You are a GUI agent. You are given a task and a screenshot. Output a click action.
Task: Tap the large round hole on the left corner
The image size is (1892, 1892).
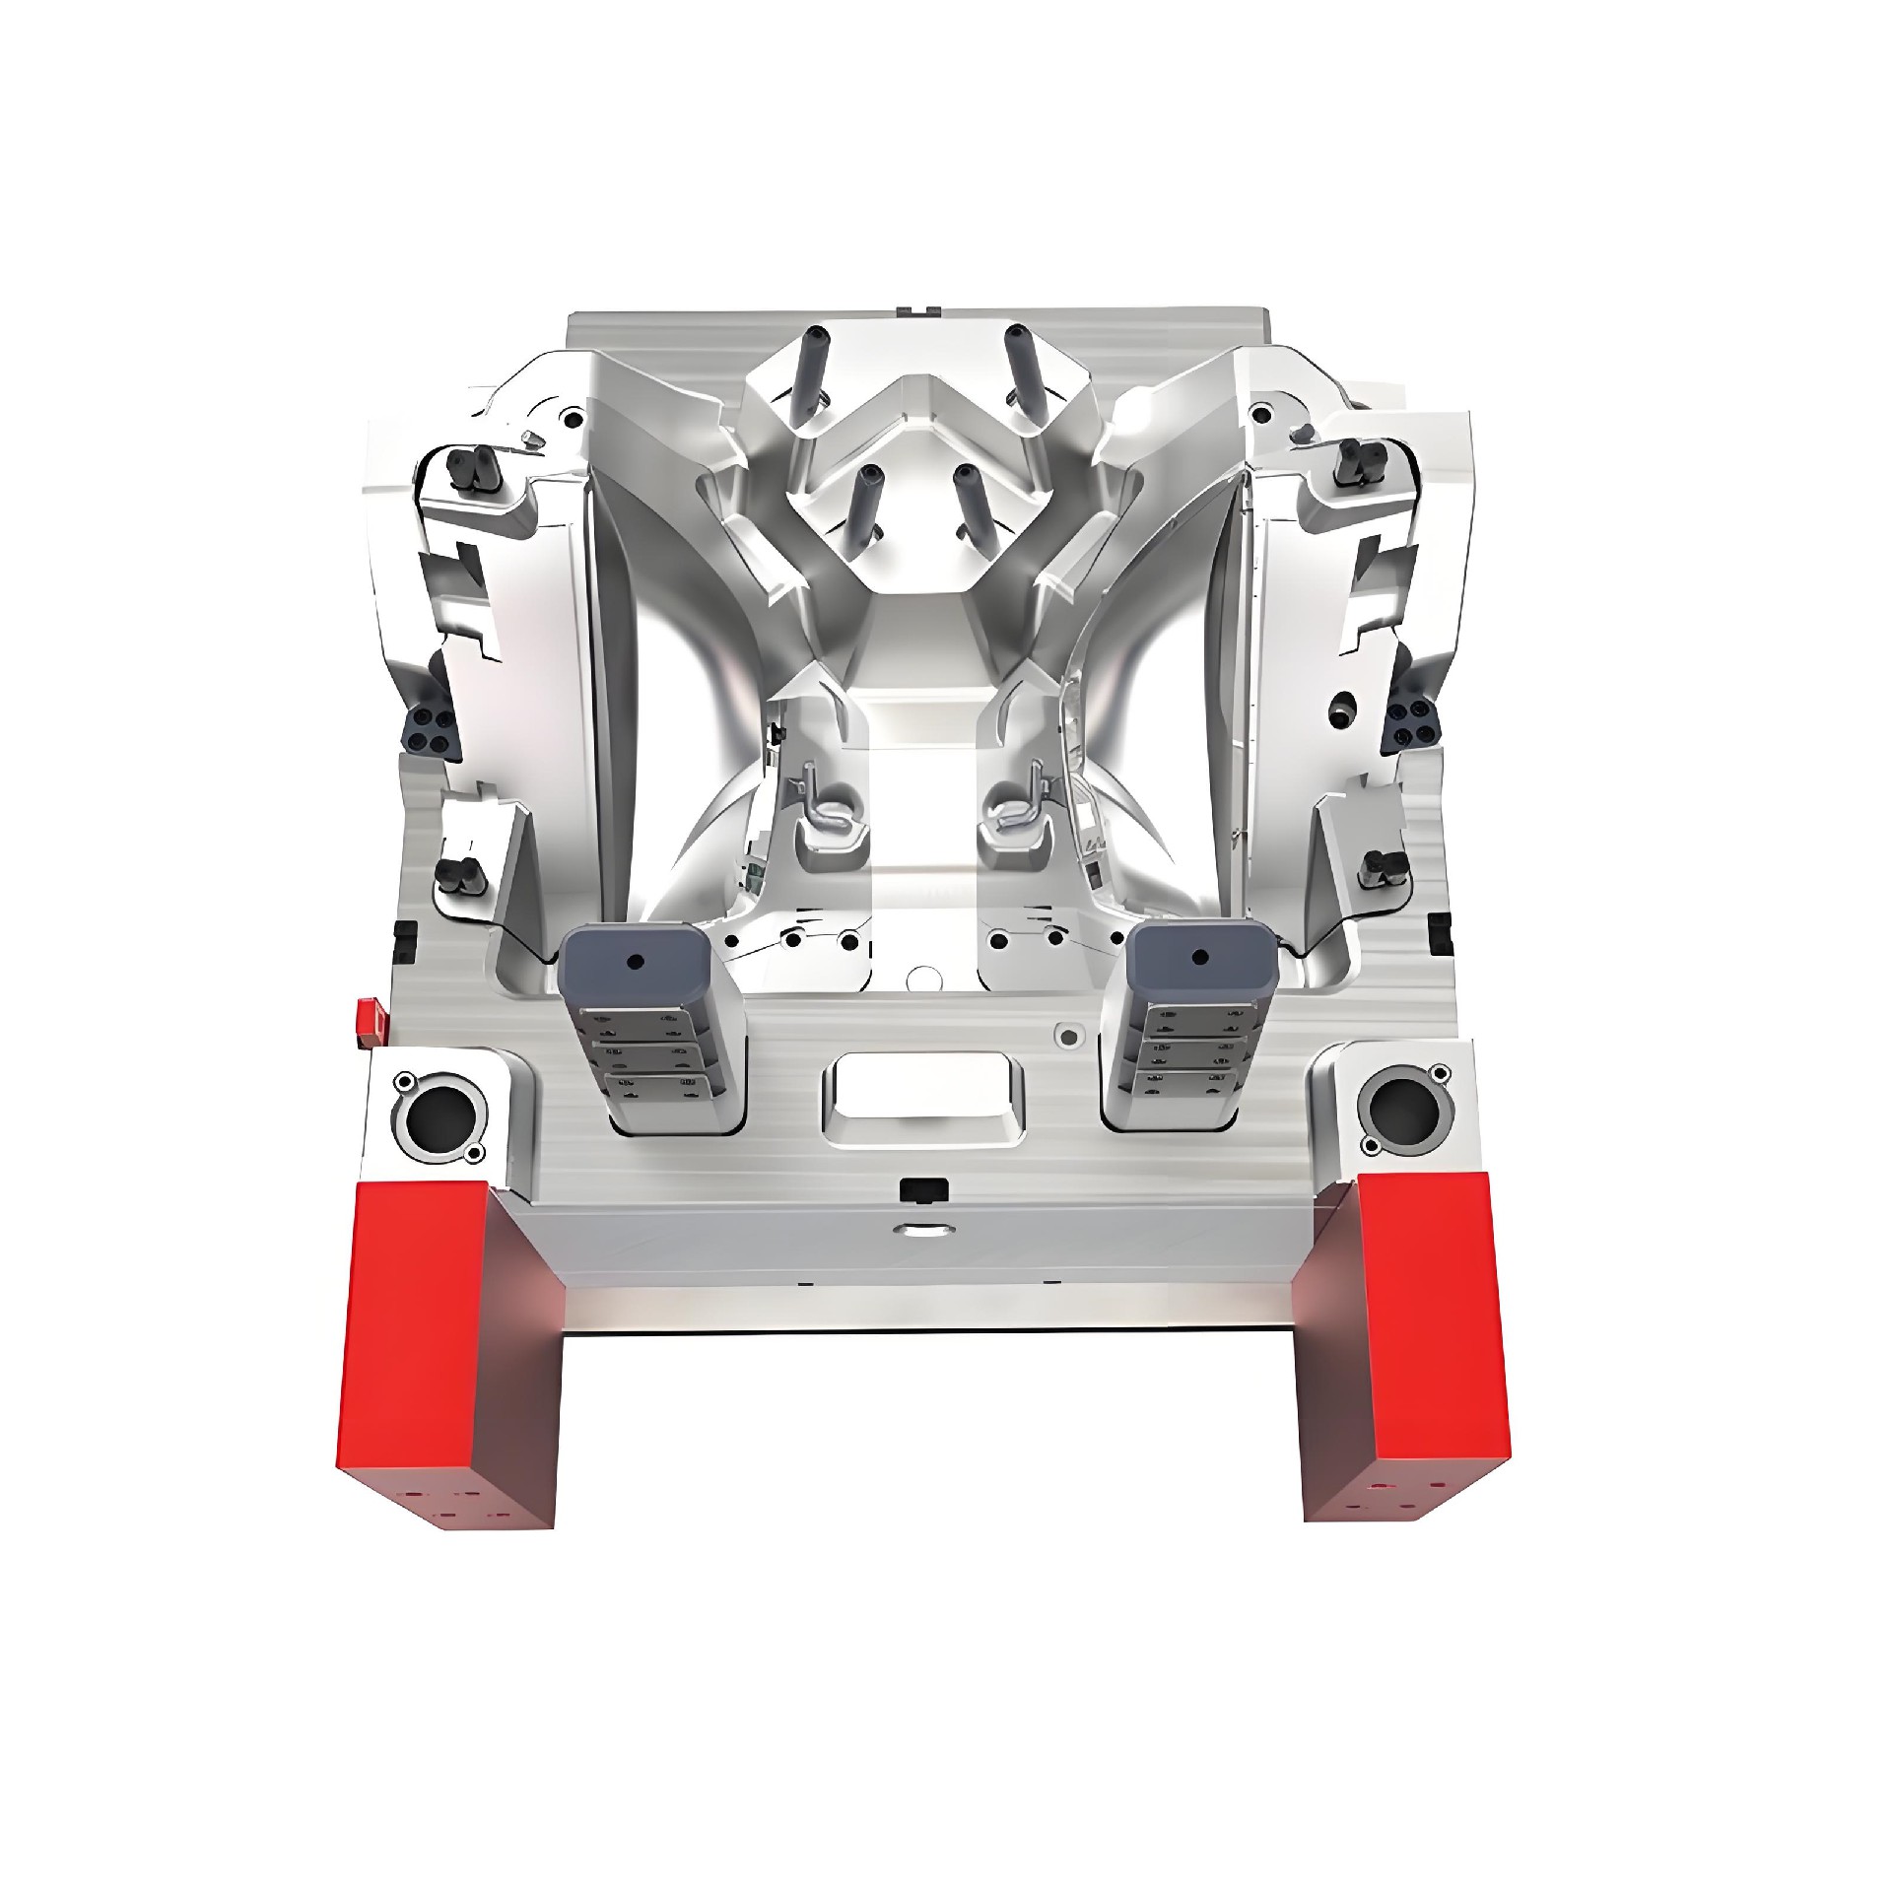437,1115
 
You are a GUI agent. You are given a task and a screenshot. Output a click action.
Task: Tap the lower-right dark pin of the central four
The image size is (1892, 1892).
970,502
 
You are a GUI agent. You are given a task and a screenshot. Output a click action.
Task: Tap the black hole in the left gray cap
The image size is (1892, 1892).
633,959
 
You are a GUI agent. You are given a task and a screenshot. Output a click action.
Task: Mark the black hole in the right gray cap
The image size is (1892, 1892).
1199,955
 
